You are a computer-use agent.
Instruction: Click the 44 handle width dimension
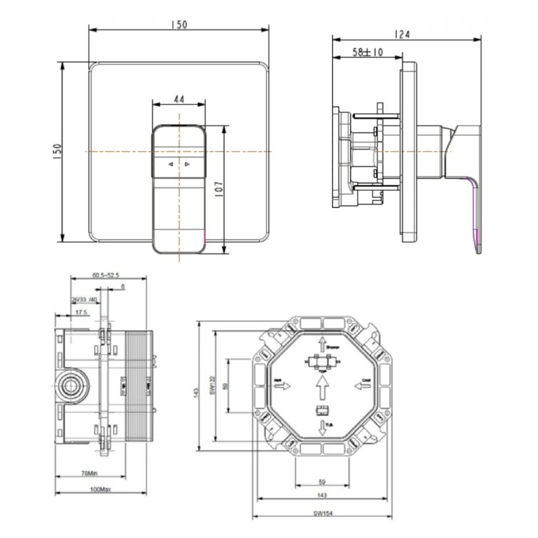(178, 99)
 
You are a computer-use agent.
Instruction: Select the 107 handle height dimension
(219, 190)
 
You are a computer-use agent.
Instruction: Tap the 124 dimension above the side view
(402, 35)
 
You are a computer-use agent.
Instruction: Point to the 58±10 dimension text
(367, 52)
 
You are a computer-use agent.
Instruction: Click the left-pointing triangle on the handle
(170, 164)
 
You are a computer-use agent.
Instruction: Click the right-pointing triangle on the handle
(187, 164)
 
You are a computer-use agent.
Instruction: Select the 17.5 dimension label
(82, 312)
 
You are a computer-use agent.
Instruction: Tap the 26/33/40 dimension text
(84, 300)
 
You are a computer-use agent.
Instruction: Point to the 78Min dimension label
(89, 472)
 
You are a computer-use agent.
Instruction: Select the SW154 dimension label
(321, 513)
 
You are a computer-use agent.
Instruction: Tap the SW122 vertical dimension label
(212, 386)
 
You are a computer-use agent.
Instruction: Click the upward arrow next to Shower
(321, 343)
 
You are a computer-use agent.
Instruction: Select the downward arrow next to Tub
(322, 428)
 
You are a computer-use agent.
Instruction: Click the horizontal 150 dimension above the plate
(179, 24)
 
